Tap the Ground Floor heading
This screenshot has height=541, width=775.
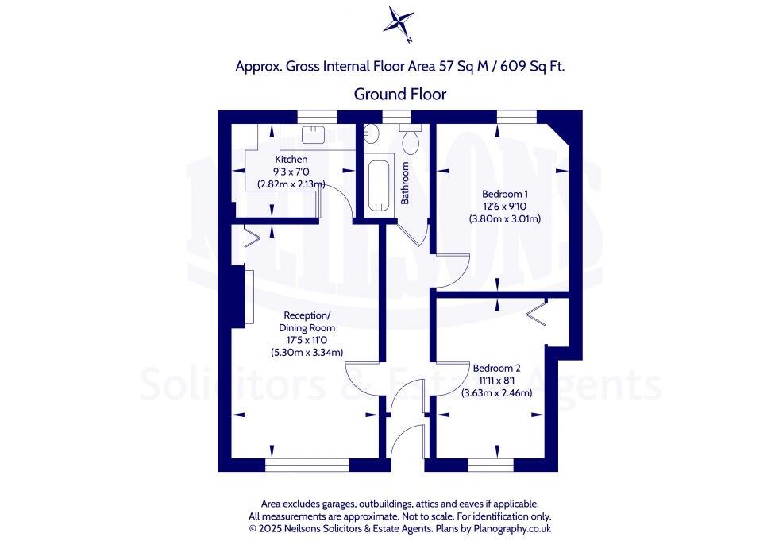400,94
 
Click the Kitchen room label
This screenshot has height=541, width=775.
291,159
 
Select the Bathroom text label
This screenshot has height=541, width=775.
405,184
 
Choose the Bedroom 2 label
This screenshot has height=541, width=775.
496,368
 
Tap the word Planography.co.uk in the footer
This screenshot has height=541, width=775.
511,527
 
